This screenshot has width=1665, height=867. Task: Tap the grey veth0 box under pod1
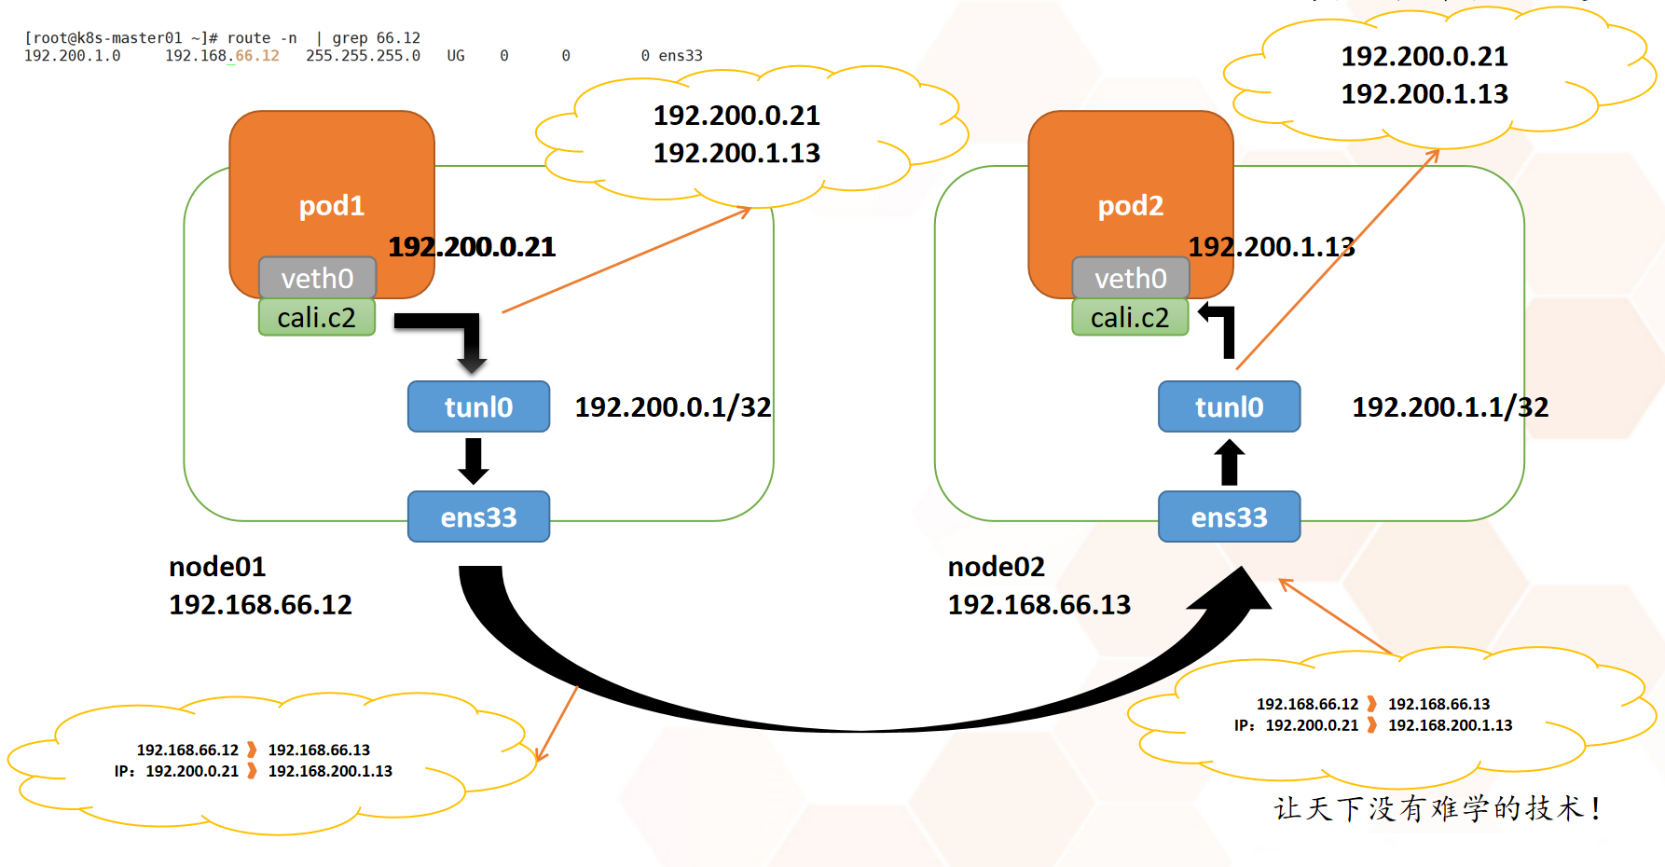(317, 278)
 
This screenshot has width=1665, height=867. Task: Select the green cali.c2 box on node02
(1130, 318)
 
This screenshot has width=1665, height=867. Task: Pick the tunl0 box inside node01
(478, 406)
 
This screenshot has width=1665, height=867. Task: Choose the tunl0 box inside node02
(1229, 406)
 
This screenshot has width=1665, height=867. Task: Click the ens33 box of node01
(478, 516)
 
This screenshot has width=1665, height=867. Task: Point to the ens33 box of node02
(1229, 516)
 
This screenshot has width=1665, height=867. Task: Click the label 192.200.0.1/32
(673, 407)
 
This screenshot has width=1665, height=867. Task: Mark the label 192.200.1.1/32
(1450, 407)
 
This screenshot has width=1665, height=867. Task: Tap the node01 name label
(217, 567)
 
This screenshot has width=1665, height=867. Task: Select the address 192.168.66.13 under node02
(1039, 605)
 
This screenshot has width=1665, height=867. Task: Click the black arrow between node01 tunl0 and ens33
(474, 461)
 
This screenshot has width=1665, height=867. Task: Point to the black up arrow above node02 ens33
(1230, 461)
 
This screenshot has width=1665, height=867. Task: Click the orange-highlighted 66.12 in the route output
(257, 56)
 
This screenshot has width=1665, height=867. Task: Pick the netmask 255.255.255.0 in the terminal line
(363, 56)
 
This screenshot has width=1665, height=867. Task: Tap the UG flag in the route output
(455, 56)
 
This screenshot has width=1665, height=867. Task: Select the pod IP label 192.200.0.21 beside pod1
(472, 247)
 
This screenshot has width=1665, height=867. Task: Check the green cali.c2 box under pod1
(317, 318)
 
